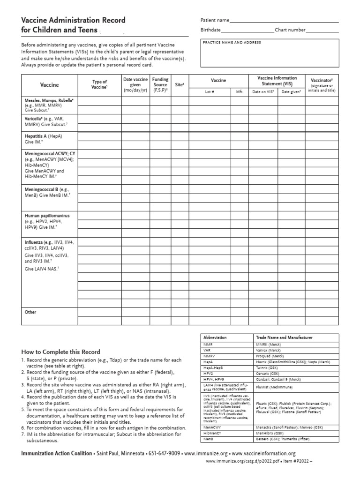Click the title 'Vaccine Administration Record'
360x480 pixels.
(73, 21)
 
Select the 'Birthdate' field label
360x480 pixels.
(210, 30)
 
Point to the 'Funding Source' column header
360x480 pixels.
(160, 85)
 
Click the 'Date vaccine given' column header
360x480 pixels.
(135, 85)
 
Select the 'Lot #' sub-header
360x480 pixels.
(210, 92)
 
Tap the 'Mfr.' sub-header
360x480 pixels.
(240, 92)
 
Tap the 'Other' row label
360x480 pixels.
(30, 312)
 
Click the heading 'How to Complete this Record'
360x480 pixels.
(60, 352)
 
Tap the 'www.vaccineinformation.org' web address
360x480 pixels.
(263, 453)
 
